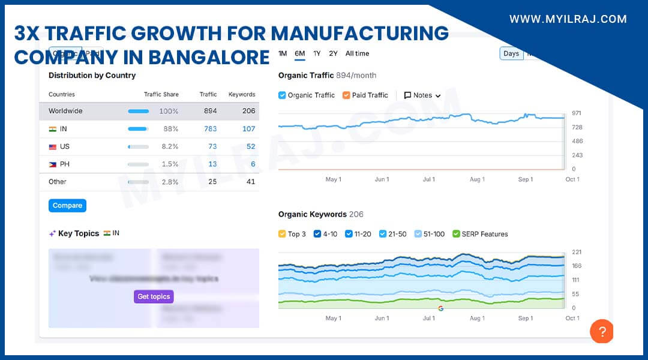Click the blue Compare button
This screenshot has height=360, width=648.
[67, 206]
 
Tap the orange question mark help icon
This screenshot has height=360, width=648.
[602, 331]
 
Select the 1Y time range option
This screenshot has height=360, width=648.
[317, 53]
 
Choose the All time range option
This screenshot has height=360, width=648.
[357, 53]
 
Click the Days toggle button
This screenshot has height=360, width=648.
[511, 53]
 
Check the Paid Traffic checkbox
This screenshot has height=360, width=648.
[346, 95]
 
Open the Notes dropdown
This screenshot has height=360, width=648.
[422, 95]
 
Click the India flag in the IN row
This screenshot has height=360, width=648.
[53, 129]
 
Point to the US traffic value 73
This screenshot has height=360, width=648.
[212, 146]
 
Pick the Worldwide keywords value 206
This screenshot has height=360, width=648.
[248, 111]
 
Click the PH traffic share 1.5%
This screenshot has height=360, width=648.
[170, 164]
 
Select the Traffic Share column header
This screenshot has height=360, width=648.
[161, 94]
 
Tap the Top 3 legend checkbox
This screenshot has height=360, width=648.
[283, 234]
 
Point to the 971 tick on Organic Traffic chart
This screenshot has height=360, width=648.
[577, 113]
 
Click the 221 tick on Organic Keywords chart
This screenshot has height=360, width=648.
[577, 252]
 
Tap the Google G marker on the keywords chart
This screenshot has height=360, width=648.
[441, 308]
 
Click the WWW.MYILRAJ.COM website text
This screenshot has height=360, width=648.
[568, 19]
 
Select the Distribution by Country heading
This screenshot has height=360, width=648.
[92, 76]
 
